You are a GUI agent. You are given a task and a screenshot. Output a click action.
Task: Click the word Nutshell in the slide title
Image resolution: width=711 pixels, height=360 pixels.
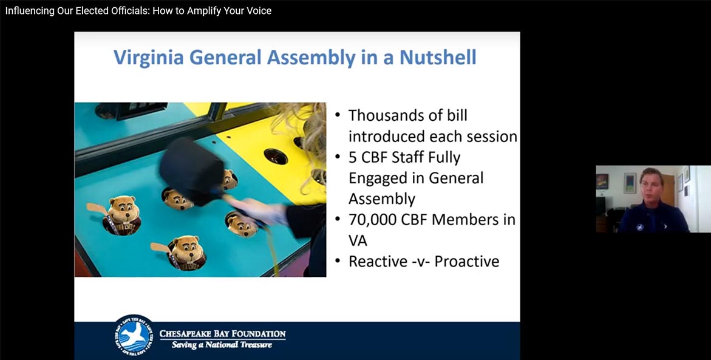tap(438, 58)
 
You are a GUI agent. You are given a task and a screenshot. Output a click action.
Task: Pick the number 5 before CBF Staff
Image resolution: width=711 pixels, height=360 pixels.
tap(353, 157)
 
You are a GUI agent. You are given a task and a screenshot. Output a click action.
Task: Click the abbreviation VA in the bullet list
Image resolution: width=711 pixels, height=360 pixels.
tap(358, 240)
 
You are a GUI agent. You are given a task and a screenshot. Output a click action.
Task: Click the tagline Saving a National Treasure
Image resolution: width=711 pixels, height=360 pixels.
tap(222, 345)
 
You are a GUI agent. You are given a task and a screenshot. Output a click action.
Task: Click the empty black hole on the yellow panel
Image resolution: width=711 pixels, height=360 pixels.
tap(275, 157)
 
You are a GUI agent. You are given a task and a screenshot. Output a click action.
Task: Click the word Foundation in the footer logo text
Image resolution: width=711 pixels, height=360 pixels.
tap(259, 334)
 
